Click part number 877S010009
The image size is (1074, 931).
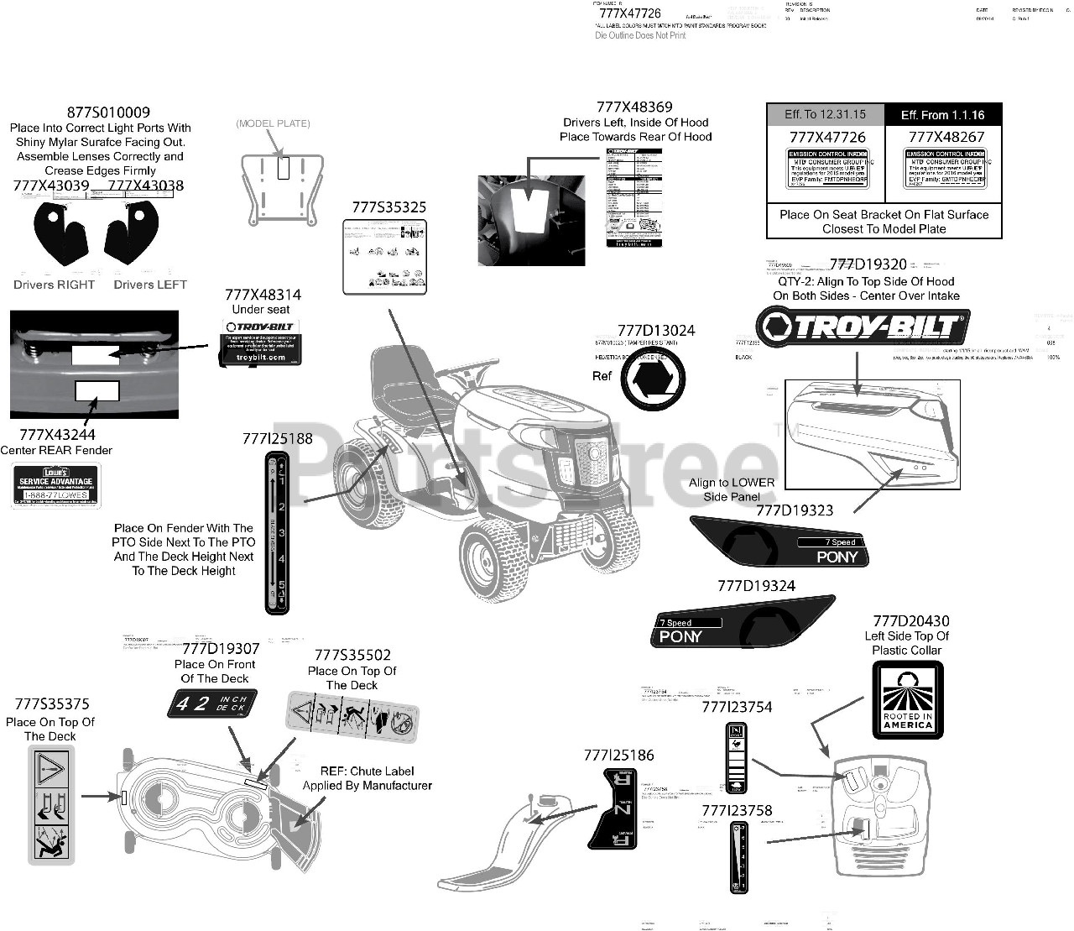(x=108, y=112)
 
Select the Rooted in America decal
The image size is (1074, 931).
(x=907, y=700)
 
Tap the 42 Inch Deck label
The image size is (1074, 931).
(x=212, y=703)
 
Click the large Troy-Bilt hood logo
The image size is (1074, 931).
(x=863, y=327)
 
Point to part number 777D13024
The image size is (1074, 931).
(x=656, y=331)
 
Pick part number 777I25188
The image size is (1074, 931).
(x=277, y=438)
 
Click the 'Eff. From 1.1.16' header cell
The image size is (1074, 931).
(x=942, y=115)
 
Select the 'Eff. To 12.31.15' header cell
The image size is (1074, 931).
(x=825, y=114)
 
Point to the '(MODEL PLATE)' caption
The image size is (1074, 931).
(x=273, y=123)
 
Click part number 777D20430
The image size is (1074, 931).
(x=911, y=621)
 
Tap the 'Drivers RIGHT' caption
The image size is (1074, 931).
(x=55, y=285)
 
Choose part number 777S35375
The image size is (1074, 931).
(x=52, y=704)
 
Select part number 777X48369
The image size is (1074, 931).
(x=634, y=107)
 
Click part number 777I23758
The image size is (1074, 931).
(x=737, y=810)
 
